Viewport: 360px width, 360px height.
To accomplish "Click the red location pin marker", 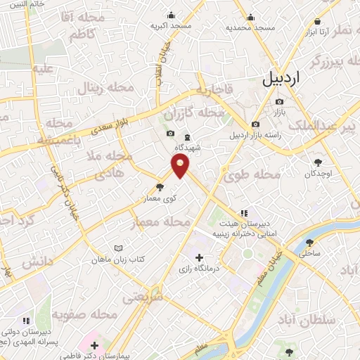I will pos(181,167).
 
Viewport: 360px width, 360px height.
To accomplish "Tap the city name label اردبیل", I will pos(281,79).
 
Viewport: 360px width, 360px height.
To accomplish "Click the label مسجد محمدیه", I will pos(250,27).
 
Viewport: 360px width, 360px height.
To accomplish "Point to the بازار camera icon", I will pos(279,102).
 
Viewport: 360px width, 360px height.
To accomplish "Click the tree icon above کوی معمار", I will pos(161,187).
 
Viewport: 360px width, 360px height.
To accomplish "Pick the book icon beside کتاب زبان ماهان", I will pos(118,248).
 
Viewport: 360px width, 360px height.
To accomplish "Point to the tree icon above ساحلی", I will pos(310,243).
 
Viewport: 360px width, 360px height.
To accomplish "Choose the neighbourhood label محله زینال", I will pos(110,88).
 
